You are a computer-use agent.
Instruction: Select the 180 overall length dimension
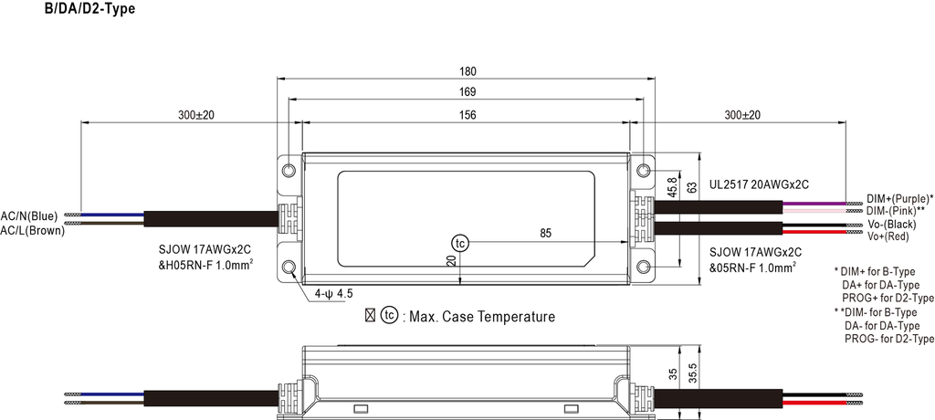click(x=467, y=70)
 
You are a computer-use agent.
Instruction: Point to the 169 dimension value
click(x=467, y=91)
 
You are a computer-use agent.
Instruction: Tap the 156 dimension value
click(x=467, y=115)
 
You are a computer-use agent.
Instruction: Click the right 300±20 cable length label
click(x=741, y=115)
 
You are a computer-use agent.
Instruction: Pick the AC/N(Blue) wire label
click(x=29, y=216)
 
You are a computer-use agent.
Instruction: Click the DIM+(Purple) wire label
click(x=898, y=198)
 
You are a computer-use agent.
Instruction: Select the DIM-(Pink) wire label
click(x=897, y=210)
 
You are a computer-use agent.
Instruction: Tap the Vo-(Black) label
click(x=891, y=225)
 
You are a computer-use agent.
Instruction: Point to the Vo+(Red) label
click(x=888, y=236)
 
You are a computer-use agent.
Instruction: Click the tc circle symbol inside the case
click(x=460, y=243)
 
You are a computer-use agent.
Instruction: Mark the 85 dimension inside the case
click(x=545, y=234)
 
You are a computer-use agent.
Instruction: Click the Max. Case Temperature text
click(x=481, y=317)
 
